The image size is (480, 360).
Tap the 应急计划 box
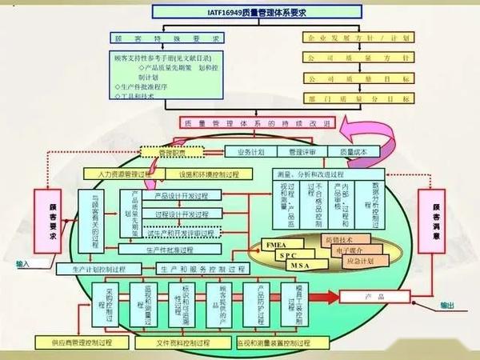(361, 261)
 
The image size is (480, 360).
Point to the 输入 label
(22, 263)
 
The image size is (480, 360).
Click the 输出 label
(447, 305)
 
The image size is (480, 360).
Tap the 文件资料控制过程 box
(170, 342)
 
